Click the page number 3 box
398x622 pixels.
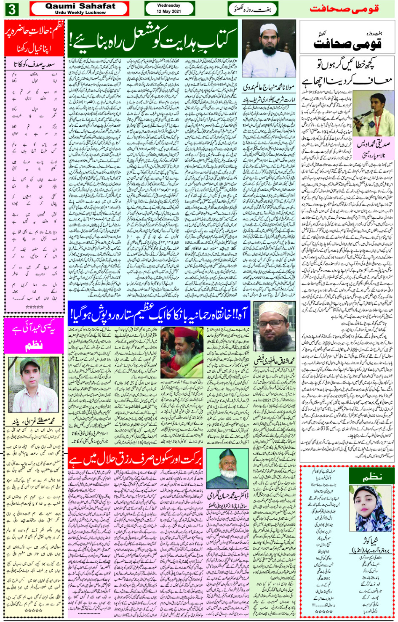[x=12, y=9]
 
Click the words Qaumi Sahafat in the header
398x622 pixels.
[x=80, y=6]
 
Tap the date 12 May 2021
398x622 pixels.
[x=169, y=11]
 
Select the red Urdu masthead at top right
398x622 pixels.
[x=344, y=9]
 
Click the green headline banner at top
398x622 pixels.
[x=154, y=39]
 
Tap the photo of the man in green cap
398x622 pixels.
[x=34, y=383]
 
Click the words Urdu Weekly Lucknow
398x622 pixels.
[x=80, y=13]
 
